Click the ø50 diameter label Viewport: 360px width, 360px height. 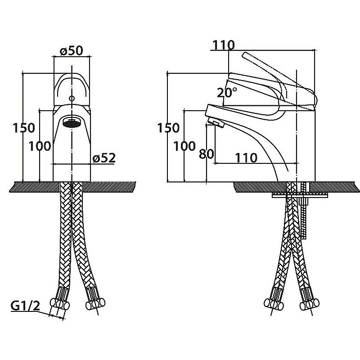point(71,51)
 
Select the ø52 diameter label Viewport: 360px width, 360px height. point(104,158)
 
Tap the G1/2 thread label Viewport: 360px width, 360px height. point(25,306)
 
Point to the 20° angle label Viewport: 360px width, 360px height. point(227,93)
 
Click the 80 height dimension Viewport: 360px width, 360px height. point(206,154)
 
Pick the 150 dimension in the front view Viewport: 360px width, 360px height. point(23,128)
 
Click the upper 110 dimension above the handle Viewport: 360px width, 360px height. point(224,45)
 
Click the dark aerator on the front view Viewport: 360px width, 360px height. point(72,122)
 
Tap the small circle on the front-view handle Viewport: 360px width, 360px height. point(72,98)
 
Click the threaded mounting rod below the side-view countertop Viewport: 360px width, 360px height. point(305,216)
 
